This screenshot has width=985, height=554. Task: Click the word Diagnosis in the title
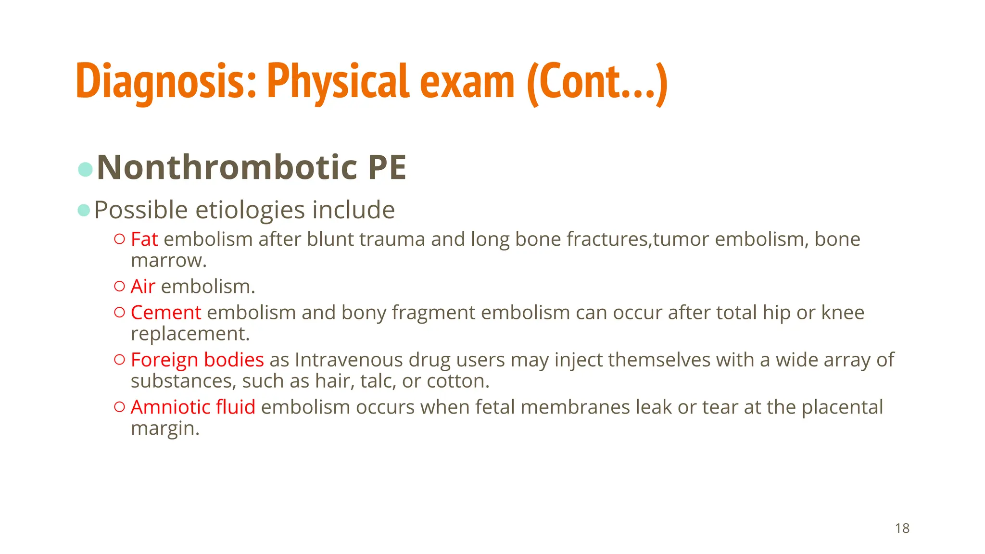[x=165, y=82]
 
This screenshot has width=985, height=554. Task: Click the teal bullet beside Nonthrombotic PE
[x=85, y=169]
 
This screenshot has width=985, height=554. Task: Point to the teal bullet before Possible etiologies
[x=84, y=210]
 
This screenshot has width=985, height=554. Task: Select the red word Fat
[x=144, y=239]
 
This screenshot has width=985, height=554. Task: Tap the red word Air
[x=143, y=287]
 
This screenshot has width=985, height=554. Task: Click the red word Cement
[x=166, y=313]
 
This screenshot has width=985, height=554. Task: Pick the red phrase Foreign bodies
[x=197, y=360]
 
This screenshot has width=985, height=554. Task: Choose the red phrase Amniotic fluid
[x=193, y=407]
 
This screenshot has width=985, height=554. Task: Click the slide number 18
[x=902, y=529]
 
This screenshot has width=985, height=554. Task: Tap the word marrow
[x=168, y=261]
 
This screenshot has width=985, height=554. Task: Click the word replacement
[x=190, y=334]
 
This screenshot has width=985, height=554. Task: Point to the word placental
[x=842, y=407]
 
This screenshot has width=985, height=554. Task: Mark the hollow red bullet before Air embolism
[x=120, y=286]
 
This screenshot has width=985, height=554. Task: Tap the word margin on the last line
[x=164, y=428]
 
